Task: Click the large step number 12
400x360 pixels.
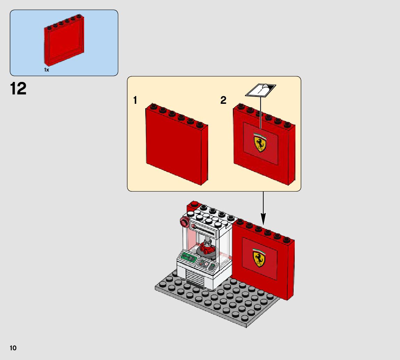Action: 18,89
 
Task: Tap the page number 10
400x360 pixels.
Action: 13,348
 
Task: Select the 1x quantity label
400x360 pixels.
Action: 47,70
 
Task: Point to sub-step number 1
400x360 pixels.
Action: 135,101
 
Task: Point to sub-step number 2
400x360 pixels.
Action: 223,100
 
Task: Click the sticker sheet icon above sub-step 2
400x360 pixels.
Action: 261,90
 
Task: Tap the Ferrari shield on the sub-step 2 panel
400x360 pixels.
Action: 260,144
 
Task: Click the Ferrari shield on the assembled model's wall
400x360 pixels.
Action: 259,258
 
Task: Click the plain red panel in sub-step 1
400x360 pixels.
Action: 175,146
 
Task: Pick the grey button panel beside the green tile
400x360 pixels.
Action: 204,265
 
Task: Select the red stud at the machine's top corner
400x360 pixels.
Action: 194,204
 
